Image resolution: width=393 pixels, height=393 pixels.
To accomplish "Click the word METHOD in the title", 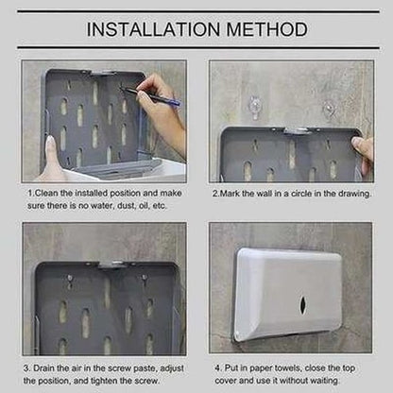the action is pyautogui.click(x=266, y=29).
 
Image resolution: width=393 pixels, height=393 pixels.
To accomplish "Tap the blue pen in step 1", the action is pyautogui.click(x=152, y=96).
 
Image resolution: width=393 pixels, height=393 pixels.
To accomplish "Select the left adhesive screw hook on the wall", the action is pyautogui.click(x=254, y=107).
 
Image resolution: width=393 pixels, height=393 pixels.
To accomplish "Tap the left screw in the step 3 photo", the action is pyautogui.click(x=70, y=278).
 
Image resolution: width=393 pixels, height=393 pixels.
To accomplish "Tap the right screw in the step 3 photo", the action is pyautogui.click(x=145, y=278).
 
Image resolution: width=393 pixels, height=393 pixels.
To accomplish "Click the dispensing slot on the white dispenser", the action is pyautogui.click(x=302, y=304).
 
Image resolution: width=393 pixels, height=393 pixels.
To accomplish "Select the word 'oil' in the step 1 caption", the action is pyautogui.click(x=144, y=206).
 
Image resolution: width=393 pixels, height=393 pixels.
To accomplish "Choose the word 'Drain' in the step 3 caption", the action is pyautogui.click(x=44, y=368).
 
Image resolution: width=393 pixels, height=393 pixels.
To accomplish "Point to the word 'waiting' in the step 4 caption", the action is pyautogui.click(x=324, y=381).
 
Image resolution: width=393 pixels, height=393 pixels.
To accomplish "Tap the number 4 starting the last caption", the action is pyautogui.click(x=217, y=367).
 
